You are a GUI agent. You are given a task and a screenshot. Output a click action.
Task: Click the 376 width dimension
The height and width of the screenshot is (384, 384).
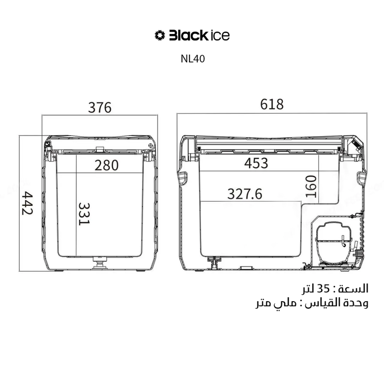[x=100, y=108]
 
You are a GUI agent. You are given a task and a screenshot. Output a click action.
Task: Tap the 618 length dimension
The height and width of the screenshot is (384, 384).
[x=272, y=104]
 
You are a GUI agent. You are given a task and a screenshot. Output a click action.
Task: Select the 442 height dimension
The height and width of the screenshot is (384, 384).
[x=27, y=203]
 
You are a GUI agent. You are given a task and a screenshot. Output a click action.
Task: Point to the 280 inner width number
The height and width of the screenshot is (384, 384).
[x=107, y=165]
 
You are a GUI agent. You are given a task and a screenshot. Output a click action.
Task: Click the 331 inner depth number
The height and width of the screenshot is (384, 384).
[x=84, y=214]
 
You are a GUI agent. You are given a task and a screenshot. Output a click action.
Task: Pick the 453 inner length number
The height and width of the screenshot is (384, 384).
[x=256, y=163]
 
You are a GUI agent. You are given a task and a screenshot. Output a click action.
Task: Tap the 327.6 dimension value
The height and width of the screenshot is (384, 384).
[x=245, y=194]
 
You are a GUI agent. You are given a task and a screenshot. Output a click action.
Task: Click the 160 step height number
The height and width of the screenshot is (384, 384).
[x=311, y=187]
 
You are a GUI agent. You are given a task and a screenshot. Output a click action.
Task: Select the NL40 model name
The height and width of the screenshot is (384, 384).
[x=192, y=59]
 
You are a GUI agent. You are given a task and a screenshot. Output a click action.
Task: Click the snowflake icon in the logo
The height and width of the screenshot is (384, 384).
[x=160, y=35]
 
